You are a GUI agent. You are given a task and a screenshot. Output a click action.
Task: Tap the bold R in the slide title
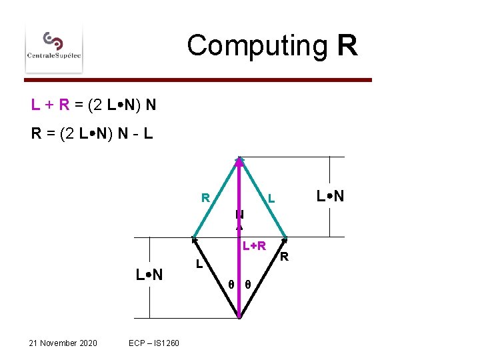pos(347,46)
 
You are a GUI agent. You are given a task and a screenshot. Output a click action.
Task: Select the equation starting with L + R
pos(93,105)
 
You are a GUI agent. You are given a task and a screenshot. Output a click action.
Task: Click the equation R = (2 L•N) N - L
pos(92,133)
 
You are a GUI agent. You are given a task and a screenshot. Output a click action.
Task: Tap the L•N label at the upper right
pos(330,197)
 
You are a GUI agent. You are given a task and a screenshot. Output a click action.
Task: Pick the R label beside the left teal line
pos(206,198)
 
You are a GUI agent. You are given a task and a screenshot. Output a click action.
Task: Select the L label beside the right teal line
pos(271,199)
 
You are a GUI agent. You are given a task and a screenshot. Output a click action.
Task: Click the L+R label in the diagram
pos(254,246)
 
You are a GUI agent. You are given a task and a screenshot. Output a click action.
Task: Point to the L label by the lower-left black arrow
pos(199,265)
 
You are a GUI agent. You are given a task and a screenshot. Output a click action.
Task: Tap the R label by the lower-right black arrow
pos(283,257)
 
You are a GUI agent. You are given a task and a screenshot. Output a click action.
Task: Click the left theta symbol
pos(230,284)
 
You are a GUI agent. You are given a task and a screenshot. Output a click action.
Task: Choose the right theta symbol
pos(247,284)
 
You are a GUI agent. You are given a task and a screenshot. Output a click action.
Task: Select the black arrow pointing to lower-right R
pos(263,277)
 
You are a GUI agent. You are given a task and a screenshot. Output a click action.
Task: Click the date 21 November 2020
pos(63,343)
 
